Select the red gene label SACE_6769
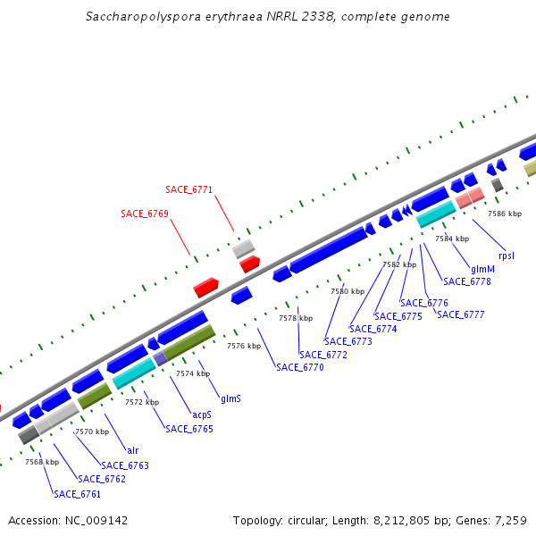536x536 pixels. click(145, 214)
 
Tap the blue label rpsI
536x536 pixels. click(507, 255)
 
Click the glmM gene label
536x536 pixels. click(482, 269)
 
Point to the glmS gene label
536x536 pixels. click(230, 398)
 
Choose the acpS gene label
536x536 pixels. click(202, 415)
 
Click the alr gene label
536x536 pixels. click(132, 450)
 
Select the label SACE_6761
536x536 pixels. click(77, 494)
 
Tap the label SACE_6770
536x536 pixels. click(299, 367)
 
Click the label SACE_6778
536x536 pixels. click(466, 281)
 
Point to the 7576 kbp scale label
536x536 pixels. click(243, 346)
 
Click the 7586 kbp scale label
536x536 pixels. click(504, 214)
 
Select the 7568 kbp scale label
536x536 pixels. click(41, 462)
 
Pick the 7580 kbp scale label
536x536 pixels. click(347, 291)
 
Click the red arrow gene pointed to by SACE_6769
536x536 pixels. click(205, 288)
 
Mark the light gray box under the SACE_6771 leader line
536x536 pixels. click(244, 248)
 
